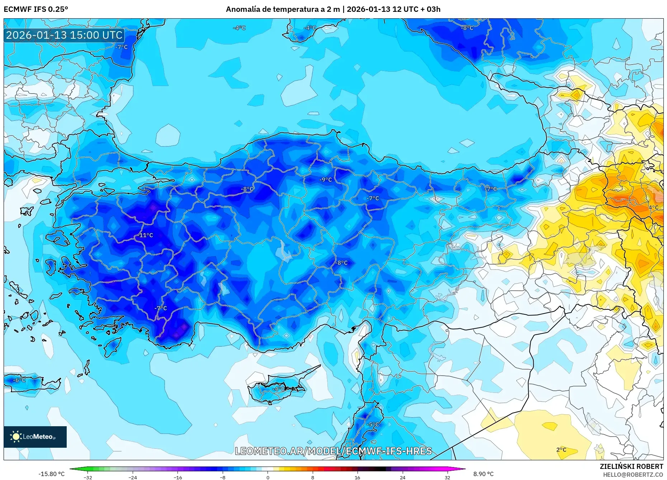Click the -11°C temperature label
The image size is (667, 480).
tap(146, 235)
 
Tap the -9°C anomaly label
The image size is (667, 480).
tap(326, 180)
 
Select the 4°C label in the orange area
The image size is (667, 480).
tap(653, 207)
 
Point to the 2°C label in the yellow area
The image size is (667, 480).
tap(561, 450)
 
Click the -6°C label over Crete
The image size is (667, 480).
tap(19, 380)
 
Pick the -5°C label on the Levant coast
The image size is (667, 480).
tap(373, 424)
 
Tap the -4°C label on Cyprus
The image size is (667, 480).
tap(278, 389)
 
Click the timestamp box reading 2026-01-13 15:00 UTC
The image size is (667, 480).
tap(65, 35)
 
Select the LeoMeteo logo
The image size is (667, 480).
tap(35, 437)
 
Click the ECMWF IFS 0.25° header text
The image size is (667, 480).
tap(36, 9)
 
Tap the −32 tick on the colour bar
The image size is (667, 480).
tap(87, 477)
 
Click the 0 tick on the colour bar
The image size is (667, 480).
tap(268, 477)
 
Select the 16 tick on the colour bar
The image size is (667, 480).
tap(357, 477)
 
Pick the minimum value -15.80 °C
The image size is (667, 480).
tap(52, 474)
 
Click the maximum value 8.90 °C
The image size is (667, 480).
tap(483, 474)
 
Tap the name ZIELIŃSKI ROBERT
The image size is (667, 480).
tap(631, 466)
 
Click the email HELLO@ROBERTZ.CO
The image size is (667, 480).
tap(633, 475)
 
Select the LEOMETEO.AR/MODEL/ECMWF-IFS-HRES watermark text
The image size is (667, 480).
tap(333, 451)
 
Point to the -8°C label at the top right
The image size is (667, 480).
tap(467, 28)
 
